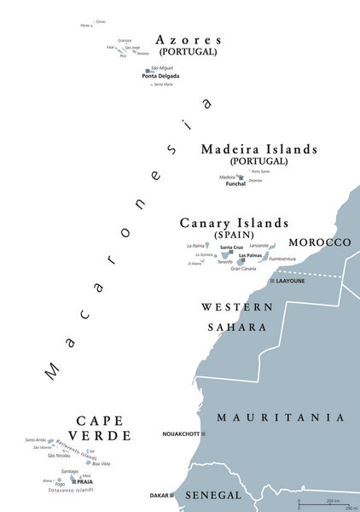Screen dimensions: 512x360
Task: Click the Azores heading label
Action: pos(190,39)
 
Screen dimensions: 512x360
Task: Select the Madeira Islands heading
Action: pos(259,148)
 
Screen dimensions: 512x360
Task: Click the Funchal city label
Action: pos(235,183)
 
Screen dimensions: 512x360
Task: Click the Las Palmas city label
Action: pos(250,255)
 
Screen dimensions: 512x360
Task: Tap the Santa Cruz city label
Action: pos(231,247)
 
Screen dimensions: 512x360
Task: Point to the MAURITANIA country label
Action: pos(280,418)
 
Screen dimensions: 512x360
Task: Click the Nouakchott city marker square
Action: pos(204,434)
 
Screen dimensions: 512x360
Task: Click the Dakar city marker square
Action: pos(173,495)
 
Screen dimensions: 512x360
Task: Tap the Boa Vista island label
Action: pos(101,463)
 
